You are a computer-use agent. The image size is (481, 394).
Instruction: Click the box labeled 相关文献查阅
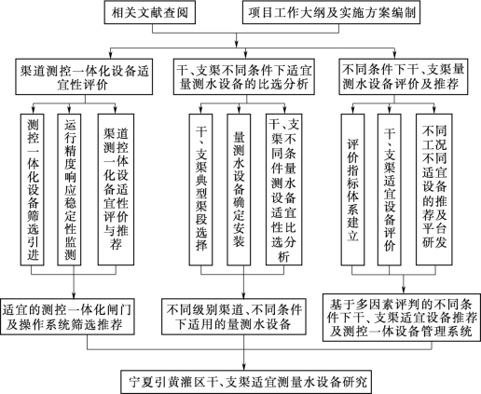pos(150,12)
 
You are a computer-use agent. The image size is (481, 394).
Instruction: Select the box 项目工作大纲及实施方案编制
pos(331,12)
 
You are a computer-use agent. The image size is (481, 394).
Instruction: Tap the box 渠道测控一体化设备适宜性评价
pos(84,76)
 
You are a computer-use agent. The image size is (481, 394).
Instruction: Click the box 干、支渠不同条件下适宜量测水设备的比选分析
pos(244,76)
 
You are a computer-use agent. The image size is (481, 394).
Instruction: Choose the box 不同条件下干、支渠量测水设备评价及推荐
pos(404,76)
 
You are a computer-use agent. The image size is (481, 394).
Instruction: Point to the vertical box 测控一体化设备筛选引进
pos(32,189)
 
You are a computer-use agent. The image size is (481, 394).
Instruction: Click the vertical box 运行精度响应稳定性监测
pos(69,189)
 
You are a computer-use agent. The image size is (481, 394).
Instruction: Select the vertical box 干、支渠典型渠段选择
pos(200,189)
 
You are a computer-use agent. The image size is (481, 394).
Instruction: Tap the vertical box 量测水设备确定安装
pos(239,189)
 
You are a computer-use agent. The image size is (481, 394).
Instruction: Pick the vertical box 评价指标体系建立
pos(352,189)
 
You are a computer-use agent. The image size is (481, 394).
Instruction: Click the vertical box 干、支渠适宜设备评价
pos(390,189)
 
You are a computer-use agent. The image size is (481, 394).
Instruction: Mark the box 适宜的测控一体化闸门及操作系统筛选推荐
pos(67,317)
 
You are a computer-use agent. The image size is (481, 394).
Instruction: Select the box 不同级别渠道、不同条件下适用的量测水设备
pos(234,317)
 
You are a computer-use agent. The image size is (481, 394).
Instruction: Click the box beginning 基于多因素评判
pos(402,318)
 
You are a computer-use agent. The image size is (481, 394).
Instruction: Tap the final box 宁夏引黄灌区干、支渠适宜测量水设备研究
pos(246,382)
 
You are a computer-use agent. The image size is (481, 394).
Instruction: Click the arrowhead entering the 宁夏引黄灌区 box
pos(243,366)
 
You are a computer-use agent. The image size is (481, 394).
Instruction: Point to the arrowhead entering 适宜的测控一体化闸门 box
pos(74,295)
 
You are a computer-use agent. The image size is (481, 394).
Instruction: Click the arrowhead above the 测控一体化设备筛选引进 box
pos(32,110)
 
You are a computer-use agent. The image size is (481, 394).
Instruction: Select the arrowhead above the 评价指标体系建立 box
pos(352,110)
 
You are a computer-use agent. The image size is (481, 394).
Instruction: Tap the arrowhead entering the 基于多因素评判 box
pos(404,291)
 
